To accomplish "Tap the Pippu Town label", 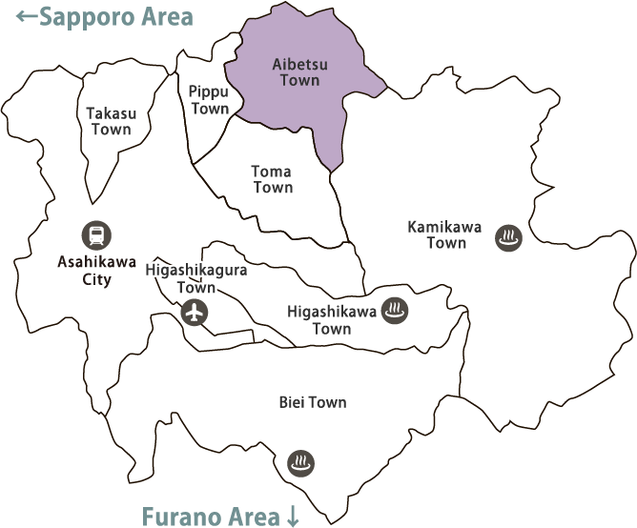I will pos(210,99).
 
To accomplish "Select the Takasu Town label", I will pos(112,121).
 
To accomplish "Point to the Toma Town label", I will pos(272,179).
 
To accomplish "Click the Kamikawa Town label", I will pos(445,234).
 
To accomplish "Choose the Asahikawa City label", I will pos(96,271).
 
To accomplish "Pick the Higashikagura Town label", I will pos(196,278).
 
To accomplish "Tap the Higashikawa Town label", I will pos(331,319).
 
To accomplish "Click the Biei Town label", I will pos(313,403).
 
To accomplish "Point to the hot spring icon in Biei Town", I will pos(300,464).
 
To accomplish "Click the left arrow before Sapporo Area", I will pos(27,15).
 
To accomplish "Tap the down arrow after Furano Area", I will pos(292,518).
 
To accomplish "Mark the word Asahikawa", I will pos(96,262).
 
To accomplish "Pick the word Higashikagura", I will pos(196,270).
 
